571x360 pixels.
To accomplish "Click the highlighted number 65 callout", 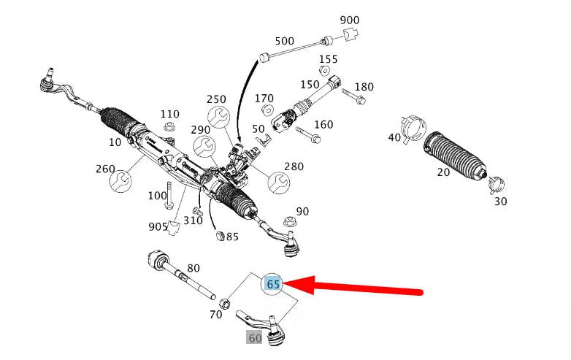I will point(273,284).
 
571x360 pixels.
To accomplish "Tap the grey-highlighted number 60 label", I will point(254,338).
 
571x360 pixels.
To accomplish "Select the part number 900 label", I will point(350,20).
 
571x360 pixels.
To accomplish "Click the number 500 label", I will point(284,41).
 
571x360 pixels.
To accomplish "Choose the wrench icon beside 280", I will point(277,180).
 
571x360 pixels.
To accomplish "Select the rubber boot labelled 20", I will point(456,155).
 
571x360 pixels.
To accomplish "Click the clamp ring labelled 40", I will point(413,129).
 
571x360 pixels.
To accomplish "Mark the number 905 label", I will point(158,226).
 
